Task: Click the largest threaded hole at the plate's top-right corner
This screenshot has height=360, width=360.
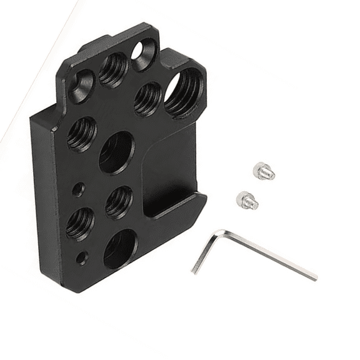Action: (184, 92)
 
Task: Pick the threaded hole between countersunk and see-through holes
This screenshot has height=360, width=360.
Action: (114, 68)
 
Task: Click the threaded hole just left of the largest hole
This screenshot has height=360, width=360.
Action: (147, 99)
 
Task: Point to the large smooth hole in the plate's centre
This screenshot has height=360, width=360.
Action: (116, 152)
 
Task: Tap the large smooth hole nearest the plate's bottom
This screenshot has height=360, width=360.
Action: (120, 249)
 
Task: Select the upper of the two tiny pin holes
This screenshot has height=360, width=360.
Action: (77, 187)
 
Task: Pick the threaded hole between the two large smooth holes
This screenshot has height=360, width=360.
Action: (118, 202)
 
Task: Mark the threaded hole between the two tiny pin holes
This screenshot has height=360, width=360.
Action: (80, 224)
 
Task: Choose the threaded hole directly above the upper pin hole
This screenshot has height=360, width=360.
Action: (82, 134)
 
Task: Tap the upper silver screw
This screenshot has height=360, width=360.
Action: (264, 170)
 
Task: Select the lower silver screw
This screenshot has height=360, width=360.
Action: (247, 201)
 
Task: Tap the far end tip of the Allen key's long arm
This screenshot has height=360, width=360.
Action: (314, 276)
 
